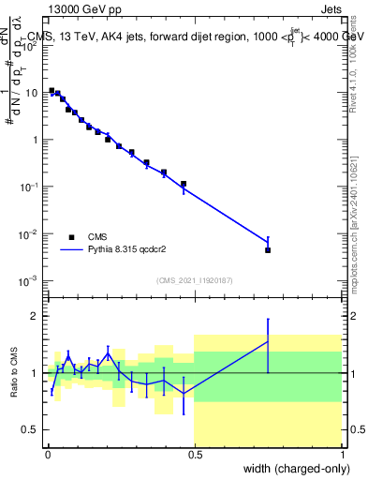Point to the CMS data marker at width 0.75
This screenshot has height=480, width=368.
tap(268, 250)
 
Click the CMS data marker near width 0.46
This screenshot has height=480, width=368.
tap(184, 184)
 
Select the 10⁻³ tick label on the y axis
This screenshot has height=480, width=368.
tap(28, 281)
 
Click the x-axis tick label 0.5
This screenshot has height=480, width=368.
tap(194, 454)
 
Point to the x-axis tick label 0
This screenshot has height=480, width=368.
tap(47, 454)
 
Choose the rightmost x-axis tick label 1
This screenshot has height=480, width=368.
tap(342, 454)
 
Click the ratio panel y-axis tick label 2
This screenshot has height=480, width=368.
tap(36, 316)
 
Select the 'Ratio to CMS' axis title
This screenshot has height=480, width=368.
tap(15, 372)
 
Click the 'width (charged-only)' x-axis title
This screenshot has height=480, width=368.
tap(293, 469)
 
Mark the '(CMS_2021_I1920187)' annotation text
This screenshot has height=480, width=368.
tap(194, 280)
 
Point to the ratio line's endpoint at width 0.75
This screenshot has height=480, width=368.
tap(268, 342)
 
